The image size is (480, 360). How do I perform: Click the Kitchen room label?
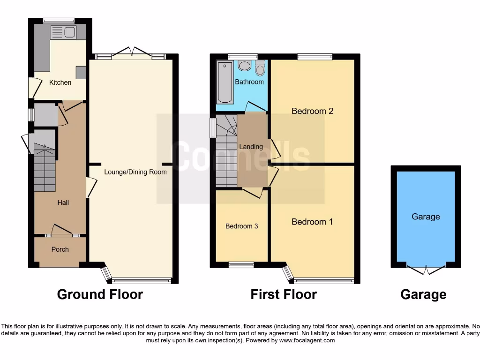tap(60, 82)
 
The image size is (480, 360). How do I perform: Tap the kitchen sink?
tap(64, 32)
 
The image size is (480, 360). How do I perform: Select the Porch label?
tap(60, 249)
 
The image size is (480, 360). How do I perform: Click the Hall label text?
tap(63, 202)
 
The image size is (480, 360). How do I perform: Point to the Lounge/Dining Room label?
tap(135, 172)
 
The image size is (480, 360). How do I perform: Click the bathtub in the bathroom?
tap(225, 82)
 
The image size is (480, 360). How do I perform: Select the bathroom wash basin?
tap(244, 66)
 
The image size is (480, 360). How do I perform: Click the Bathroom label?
tap(249, 82)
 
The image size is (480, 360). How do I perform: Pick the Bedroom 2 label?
tap(312, 111)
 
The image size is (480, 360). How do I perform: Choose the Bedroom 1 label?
tap(312, 222)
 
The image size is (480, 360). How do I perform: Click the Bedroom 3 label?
tap(242, 226)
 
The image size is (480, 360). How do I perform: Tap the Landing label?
tap(251, 147)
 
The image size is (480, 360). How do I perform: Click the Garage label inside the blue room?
tap(426, 217)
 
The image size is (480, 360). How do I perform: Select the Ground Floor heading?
tap(100, 294)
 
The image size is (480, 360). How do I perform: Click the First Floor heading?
tap(284, 294)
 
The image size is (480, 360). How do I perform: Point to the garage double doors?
tap(426, 269)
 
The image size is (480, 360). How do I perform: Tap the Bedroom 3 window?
tap(241, 265)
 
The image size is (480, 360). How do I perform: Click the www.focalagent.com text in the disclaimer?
tap(307, 340)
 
